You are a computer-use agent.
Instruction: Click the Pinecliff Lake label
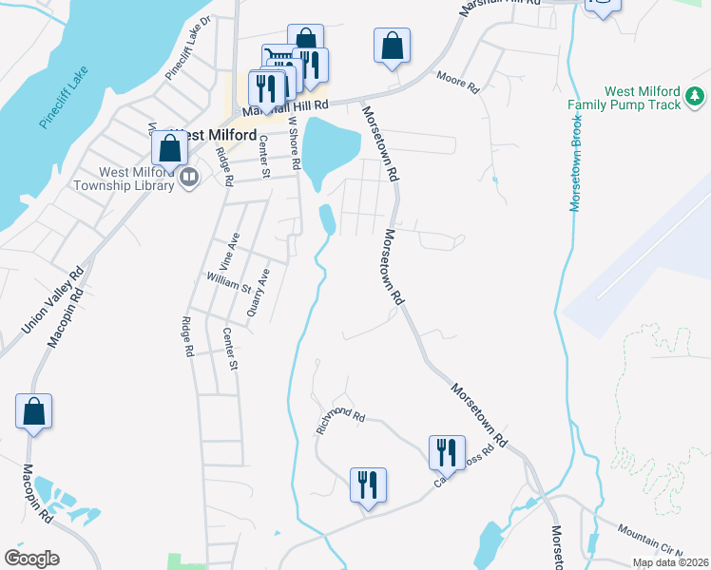pyautogui.click(x=65, y=97)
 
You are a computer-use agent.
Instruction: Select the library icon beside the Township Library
pyautogui.click(x=189, y=178)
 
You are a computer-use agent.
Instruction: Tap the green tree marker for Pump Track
pyautogui.click(x=695, y=96)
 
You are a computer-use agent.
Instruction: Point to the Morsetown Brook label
pyautogui.click(x=576, y=163)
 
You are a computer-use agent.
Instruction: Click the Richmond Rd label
pyautogui.click(x=340, y=424)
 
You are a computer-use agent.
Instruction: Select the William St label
pyautogui.click(x=228, y=282)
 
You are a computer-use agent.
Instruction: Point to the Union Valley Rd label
pyautogui.click(x=53, y=298)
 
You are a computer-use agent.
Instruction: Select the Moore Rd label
pyautogui.click(x=457, y=82)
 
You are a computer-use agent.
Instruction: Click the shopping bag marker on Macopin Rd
pyautogui.click(x=33, y=412)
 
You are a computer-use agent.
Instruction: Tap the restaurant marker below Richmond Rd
pyautogui.click(x=367, y=485)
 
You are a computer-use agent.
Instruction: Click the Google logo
pyautogui.click(x=31, y=559)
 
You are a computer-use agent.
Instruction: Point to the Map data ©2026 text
pyautogui.click(x=670, y=562)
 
